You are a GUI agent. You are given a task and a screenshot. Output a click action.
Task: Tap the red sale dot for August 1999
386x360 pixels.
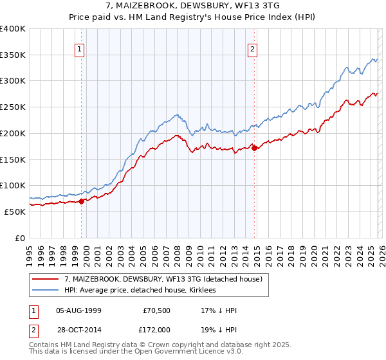point(82,201)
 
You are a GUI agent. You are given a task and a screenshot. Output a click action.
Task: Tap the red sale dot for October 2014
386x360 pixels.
point(255,148)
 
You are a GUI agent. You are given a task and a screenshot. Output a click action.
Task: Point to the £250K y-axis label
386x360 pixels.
point(13,107)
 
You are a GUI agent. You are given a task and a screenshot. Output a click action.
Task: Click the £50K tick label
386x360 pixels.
point(15,212)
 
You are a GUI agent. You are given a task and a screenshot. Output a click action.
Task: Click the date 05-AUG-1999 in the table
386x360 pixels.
point(78,310)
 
